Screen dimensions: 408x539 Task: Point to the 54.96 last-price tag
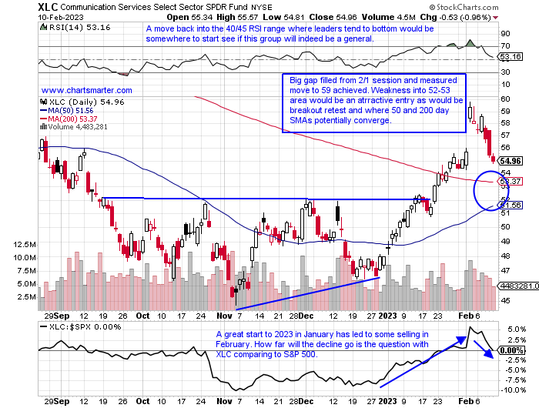pos(511,161)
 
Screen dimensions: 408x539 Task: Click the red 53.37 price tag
pos(511,181)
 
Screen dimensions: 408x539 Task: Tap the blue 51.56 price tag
pos(511,204)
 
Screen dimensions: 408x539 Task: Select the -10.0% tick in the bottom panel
pos(508,389)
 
